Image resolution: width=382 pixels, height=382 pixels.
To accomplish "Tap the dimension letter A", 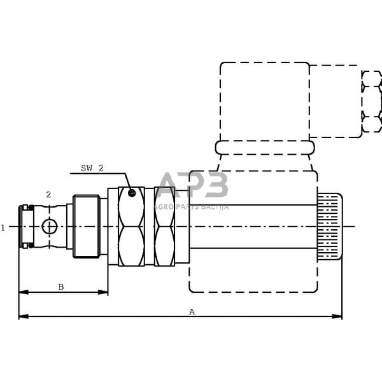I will pyautogui.click(x=192, y=311).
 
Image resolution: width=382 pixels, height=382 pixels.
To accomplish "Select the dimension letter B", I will pyautogui.click(x=61, y=287).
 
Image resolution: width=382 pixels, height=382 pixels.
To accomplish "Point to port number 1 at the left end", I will pyautogui.click(x=3, y=227).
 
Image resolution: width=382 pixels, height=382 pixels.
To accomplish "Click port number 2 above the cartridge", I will pyautogui.click(x=48, y=195).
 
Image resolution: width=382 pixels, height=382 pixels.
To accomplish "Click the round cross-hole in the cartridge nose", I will pyautogui.click(x=49, y=226).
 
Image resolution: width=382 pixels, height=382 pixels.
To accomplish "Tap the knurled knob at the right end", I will pyautogui.click(x=330, y=227).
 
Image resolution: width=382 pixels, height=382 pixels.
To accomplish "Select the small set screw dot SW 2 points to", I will pyautogui.click(x=131, y=193).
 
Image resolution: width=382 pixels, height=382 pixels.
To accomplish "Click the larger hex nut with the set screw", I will pyautogui.click(x=131, y=226).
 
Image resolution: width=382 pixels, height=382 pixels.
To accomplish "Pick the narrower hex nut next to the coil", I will pyautogui.click(x=164, y=226).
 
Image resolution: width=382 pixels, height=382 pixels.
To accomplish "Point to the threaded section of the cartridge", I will pyautogui.click(x=86, y=226).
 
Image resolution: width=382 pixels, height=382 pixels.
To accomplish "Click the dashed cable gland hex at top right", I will pyautogui.click(x=371, y=101).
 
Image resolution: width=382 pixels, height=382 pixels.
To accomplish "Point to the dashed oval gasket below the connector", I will pyautogui.click(x=265, y=148).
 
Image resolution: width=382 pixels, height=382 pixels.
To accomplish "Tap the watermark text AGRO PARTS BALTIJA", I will pyautogui.click(x=192, y=206).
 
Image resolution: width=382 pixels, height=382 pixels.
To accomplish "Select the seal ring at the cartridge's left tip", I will pyautogui.click(x=27, y=226).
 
